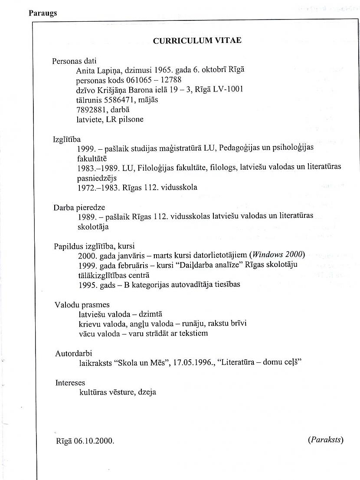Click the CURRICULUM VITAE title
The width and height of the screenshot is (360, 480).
coord(197,40)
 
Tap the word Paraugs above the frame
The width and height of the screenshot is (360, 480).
coord(43,13)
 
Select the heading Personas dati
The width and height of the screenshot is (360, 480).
coord(74,61)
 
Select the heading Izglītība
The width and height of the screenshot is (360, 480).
coord(67,139)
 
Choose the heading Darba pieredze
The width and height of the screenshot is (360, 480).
coord(79,207)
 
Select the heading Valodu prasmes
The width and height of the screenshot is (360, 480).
coord(82,305)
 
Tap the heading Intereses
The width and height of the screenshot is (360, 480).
coord(70,383)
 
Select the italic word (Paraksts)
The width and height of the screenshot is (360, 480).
coord(325,440)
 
